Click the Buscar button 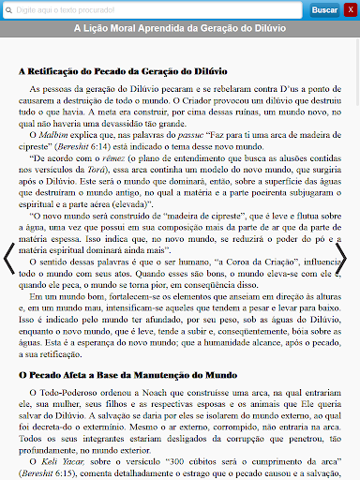coord(323,9)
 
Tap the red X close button coord(350,9)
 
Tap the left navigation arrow coord(8,259)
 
